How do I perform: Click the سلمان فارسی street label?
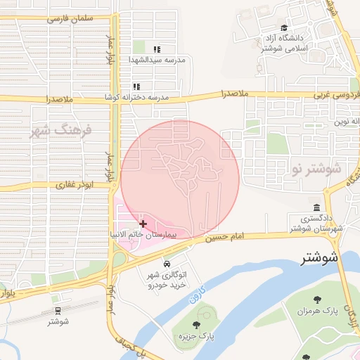tap(70, 19)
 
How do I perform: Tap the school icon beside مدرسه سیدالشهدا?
tap(157, 50)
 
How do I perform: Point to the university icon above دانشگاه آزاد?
tap(284, 27)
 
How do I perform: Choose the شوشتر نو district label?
tap(314, 169)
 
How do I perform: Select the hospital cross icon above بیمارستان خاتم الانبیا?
tap(143, 223)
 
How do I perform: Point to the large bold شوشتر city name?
tap(319, 258)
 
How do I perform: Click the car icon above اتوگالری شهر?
tap(167, 264)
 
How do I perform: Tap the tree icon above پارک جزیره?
tap(196, 325)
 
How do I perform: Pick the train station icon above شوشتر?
tap(57, 309)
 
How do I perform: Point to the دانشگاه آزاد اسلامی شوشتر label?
tap(289, 43)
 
